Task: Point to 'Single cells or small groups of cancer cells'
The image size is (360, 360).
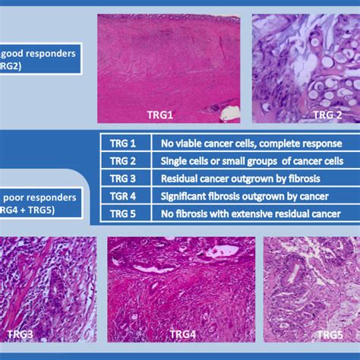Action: (x=251, y=161)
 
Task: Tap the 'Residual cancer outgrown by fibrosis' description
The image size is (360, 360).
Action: (x=235, y=178)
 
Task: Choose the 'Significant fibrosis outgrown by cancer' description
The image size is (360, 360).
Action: (x=241, y=196)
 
